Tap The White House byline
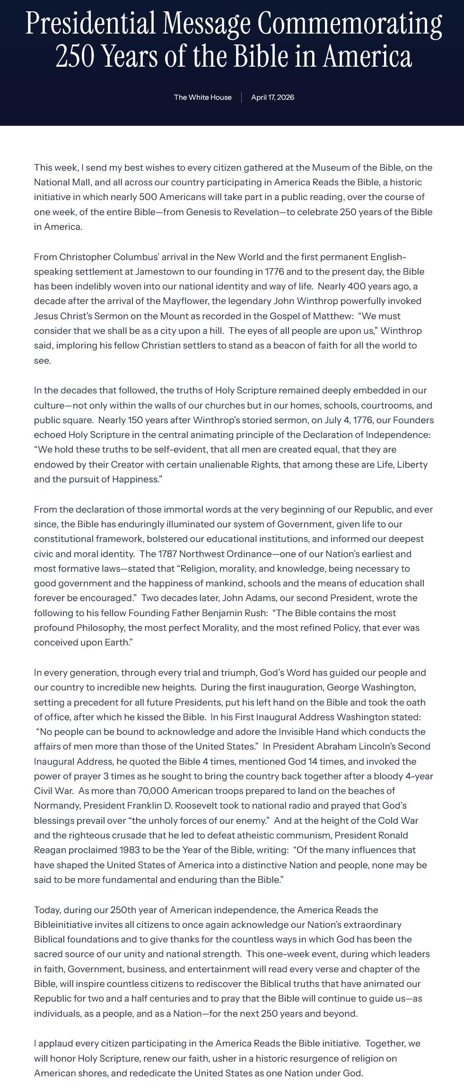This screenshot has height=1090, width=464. [x=202, y=97]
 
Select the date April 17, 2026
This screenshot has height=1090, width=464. [x=272, y=97]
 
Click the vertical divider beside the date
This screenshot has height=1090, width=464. [x=241, y=97]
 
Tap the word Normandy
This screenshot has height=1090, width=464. [x=54, y=806]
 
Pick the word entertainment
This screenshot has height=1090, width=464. [x=210, y=969]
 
